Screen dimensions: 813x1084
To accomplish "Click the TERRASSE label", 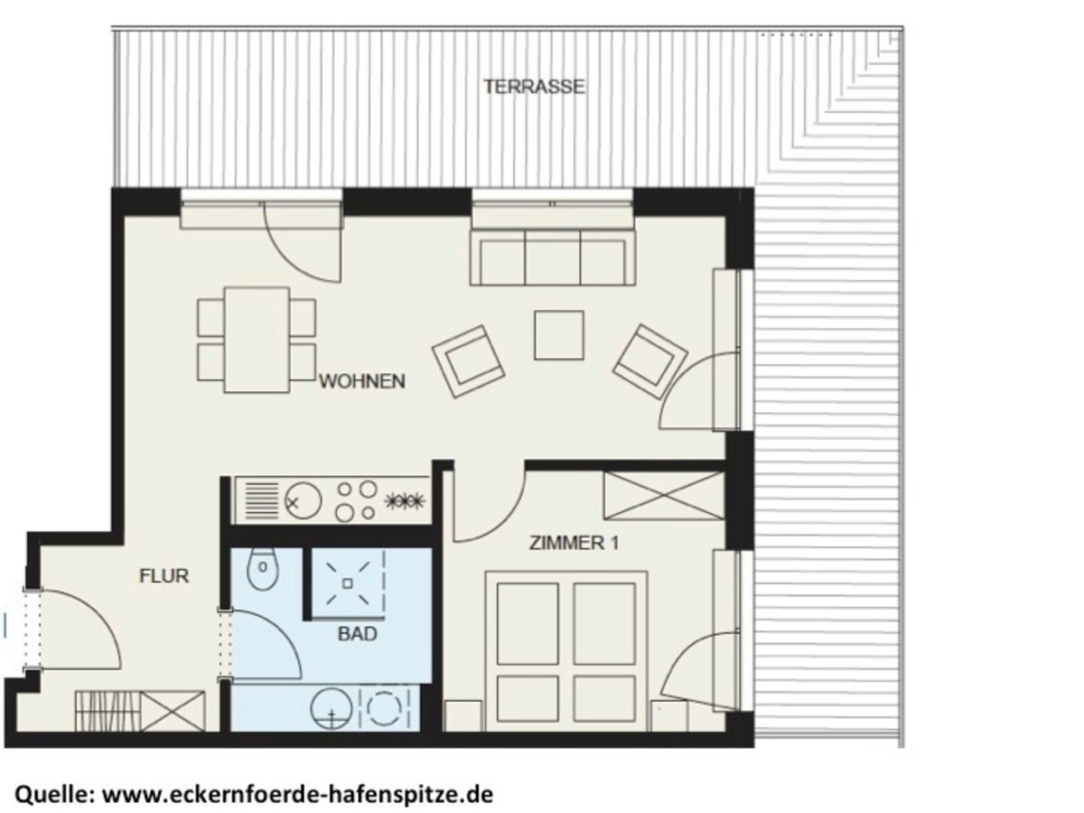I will tap(534, 88).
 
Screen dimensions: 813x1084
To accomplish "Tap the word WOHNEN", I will tap(361, 381).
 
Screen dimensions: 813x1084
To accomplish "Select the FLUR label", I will tap(164, 575).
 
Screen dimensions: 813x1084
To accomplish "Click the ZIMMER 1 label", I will tap(574, 544).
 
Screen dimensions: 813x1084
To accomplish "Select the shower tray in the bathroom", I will tap(347, 583).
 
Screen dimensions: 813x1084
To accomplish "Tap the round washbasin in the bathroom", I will tap(332, 707).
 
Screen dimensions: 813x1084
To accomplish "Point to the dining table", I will tap(257, 339).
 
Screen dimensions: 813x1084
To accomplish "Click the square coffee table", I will tap(559, 335).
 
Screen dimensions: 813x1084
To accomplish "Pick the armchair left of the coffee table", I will tap(466, 360).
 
